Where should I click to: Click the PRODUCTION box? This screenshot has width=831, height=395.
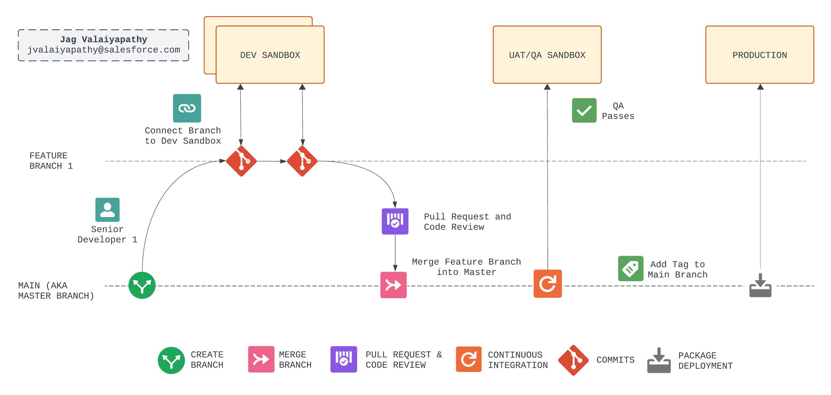tap(759, 55)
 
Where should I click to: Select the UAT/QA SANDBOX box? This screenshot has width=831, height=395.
tap(547, 55)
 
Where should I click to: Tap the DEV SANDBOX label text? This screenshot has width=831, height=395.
tap(270, 55)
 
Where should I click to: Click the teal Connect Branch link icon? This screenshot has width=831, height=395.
tap(187, 108)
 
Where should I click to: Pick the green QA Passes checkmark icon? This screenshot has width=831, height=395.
tap(584, 110)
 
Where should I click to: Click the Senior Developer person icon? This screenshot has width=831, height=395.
tap(107, 210)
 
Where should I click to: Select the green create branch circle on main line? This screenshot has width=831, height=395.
tap(142, 285)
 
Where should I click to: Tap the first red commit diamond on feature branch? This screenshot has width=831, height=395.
tap(241, 161)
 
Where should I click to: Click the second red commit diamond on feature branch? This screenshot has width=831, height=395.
tap(302, 161)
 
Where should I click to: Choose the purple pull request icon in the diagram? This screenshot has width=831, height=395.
tap(395, 221)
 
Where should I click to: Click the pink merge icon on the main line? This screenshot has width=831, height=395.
tap(393, 285)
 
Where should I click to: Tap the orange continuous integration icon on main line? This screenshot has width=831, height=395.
tap(547, 283)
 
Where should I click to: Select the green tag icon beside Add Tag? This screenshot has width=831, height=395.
tap(630, 268)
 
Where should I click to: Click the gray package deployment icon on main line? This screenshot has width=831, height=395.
tap(760, 285)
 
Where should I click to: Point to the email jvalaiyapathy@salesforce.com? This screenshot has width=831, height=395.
tap(104, 50)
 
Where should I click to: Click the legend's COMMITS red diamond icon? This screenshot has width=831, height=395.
tap(573, 360)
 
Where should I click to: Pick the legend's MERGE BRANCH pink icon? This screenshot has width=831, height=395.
tap(261, 359)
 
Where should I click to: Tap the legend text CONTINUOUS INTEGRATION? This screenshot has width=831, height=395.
tap(517, 360)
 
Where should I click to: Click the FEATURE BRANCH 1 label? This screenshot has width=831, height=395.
tap(51, 161)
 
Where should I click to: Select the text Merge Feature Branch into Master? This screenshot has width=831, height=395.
tap(466, 267)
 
